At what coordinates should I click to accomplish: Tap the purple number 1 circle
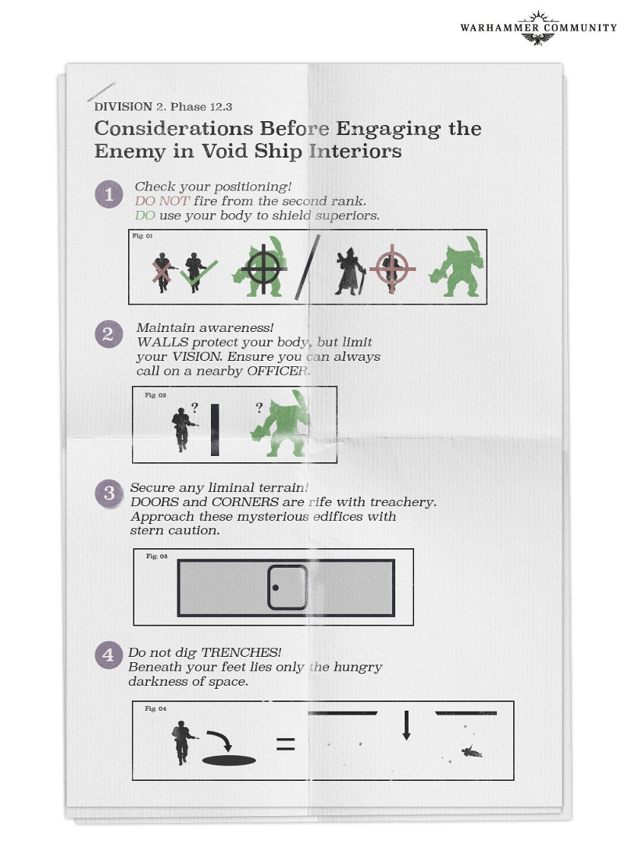[x=109, y=195]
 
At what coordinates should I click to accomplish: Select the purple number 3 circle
[x=109, y=494]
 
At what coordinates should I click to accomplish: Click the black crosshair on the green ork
[x=263, y=270]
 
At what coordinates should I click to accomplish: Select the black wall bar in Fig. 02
[x=214, y=430]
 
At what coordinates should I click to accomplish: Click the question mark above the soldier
[x=194, y=407]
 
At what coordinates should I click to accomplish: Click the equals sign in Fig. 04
[x=286, y=745]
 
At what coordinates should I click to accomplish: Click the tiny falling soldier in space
[x=471, y=752]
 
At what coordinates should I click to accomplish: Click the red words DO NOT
[x=162, y=201]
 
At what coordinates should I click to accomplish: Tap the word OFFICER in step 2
[x=278, y=371]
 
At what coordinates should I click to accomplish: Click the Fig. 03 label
[x=156, y=556]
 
